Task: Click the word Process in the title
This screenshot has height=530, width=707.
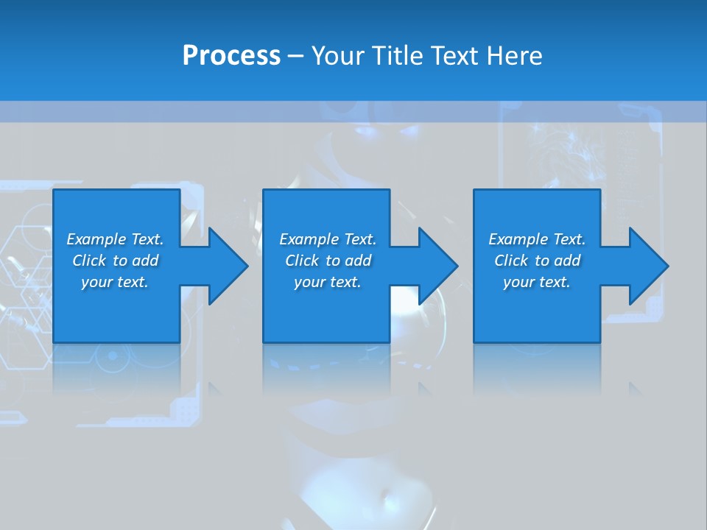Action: point(231,56)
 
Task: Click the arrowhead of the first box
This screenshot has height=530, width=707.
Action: point(227,266)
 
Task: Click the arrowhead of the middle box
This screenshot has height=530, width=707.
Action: point(437,266)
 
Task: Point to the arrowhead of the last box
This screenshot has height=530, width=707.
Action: point(647,266)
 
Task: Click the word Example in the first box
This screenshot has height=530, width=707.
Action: point(96,239)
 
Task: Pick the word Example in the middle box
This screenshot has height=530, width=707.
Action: point(309,239)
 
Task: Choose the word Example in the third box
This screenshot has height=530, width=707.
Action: point(518,239)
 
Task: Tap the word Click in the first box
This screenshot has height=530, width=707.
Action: point(89,261)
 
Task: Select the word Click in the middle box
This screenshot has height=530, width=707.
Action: point(302,261)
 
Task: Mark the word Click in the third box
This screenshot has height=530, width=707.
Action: point(511,261)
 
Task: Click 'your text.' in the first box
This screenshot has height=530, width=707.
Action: point(115,282)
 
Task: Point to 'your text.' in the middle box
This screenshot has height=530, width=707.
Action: point(328,282)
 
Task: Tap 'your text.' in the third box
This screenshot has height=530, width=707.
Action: point(537,282)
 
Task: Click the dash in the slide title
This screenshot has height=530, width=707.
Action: point(295,57)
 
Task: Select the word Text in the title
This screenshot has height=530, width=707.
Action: point(453,56)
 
